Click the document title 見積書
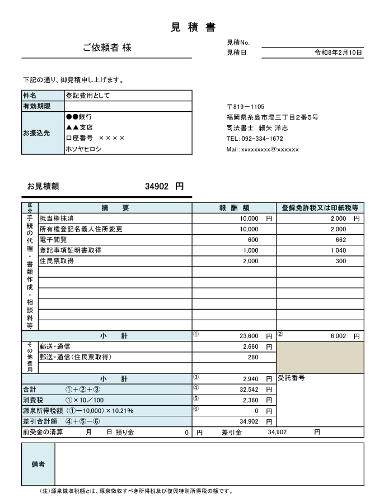(x=193, y=27)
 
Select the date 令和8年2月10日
(x=338, y=53)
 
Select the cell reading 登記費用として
(x=88, y=96)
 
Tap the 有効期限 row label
(x=37, y=106)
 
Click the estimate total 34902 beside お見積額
(x=157, y=187)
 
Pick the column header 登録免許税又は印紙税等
(x=320, y=208)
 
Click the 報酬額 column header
(x=234, y=208)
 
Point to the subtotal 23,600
(x=249, y=336)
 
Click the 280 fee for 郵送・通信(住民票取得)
(x=253, y=357)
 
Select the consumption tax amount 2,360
(x=250, y=400)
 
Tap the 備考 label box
(x=38, y=464)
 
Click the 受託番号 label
(x=291, y=378)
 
